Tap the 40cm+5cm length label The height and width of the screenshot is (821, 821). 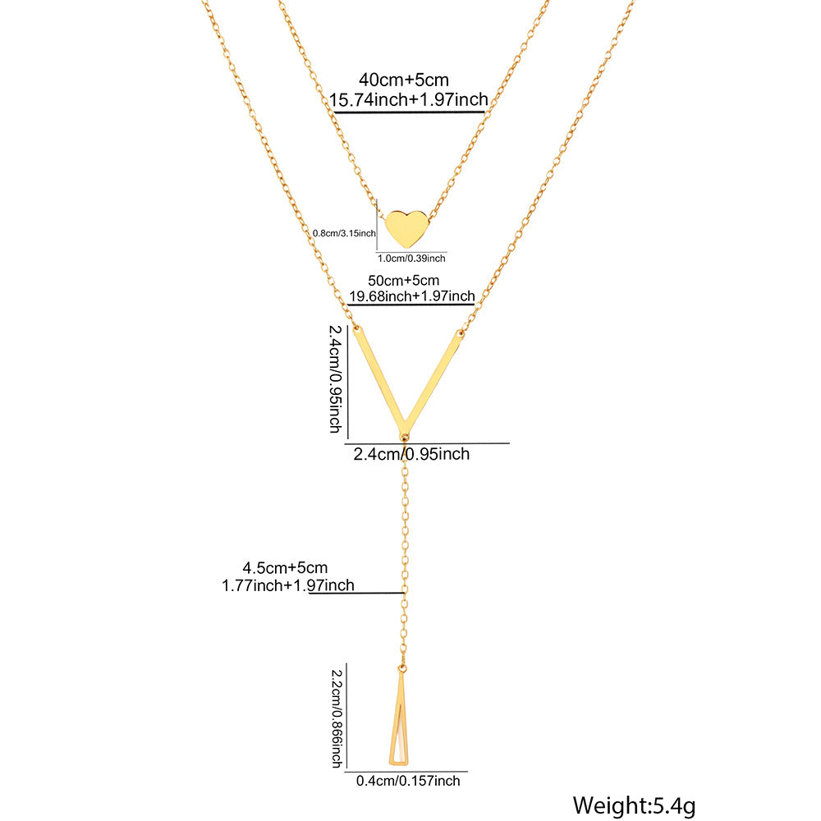tap(404, 80)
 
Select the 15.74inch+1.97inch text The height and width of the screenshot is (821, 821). tap(408, 99)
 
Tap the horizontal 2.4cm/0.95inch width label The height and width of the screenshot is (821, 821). tap(411, 453)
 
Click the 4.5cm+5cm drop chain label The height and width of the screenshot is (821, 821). tap(285, 567)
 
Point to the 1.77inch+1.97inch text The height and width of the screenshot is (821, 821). tap(287, 585)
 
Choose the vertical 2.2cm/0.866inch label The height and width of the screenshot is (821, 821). tap(335, 716)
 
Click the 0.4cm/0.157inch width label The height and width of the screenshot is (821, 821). tap(408, 781)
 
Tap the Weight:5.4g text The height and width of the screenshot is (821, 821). tap(635, 805)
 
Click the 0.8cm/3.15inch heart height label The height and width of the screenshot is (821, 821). tap(344, 233)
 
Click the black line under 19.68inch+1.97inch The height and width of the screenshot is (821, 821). tap(410, 305)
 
